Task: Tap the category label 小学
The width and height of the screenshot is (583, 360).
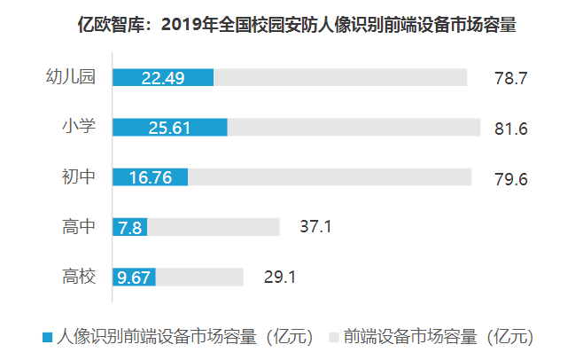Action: point(79,127)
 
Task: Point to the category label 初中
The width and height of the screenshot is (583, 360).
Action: point(79,176)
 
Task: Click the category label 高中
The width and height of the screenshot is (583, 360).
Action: point(79,226)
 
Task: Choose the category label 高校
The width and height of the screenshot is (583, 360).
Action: point(79,276)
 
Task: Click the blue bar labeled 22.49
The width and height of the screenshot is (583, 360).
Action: point(163,78)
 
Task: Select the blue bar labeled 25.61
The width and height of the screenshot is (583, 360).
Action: point(169,128)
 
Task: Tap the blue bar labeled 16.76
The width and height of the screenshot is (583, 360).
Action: point(150,177)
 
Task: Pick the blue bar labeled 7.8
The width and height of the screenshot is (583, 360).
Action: point(129,227)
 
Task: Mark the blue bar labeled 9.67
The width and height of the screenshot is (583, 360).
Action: point(134,277)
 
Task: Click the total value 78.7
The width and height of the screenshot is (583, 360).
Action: point(510,79)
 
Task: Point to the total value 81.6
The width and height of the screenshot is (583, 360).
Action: point(510,129)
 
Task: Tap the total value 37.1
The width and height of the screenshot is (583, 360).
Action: point(315,228)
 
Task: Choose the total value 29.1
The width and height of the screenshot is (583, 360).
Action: point(279,278)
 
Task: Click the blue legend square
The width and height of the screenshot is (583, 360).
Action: point(47,337)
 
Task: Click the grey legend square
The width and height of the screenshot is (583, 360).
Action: point(334,337)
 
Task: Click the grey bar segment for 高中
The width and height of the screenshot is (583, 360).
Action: point(213,227)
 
